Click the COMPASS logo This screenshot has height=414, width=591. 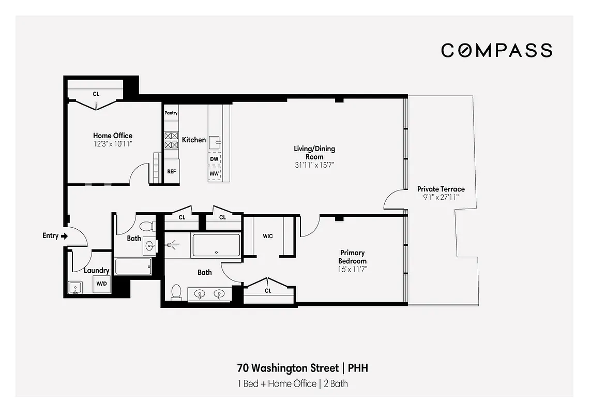pos(496,50)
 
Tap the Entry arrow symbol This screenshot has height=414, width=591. pos(64,236)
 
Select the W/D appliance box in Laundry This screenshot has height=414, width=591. pos(101,284)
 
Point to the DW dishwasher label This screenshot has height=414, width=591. pos(214,159)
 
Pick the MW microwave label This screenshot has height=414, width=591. pos(214,173)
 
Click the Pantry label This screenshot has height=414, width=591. pos(171,113)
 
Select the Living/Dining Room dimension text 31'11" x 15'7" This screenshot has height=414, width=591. pos(314,165)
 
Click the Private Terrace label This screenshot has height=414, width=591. pos(441,189)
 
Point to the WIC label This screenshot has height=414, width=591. pos(268,236)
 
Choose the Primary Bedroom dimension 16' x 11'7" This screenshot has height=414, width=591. pos(352,269)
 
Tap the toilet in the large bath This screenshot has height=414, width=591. pos(176,292)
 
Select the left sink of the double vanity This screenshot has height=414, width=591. pos(200,294)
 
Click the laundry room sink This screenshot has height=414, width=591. pos(75,287)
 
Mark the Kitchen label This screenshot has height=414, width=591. pos(194,140)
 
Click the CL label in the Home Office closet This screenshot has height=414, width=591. pos(96,94)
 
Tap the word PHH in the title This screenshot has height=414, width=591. pos(358,368)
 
